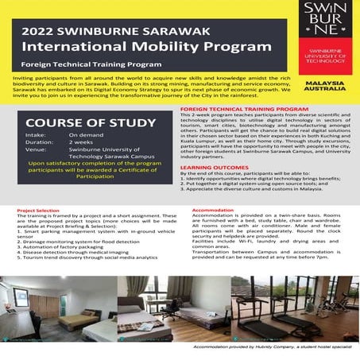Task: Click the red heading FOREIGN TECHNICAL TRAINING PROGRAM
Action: (x=244, y=106)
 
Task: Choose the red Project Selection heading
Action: (x=39, y=212)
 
